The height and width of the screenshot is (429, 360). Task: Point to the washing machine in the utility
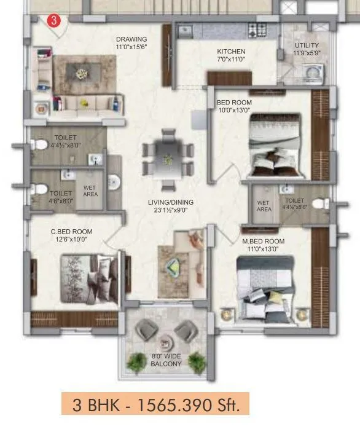click(311, 73)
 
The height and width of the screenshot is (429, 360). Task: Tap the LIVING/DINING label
click(170, 202)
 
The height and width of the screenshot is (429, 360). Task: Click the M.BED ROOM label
click(263, 241)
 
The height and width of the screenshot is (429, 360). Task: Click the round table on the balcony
click(165, 342)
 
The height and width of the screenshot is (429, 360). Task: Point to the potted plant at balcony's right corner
click(196, 361)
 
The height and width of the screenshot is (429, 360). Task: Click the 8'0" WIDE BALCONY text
click(166, 360)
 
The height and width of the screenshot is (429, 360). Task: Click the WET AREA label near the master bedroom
click(264, 206)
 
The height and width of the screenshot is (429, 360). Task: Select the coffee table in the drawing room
click(82, 74)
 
